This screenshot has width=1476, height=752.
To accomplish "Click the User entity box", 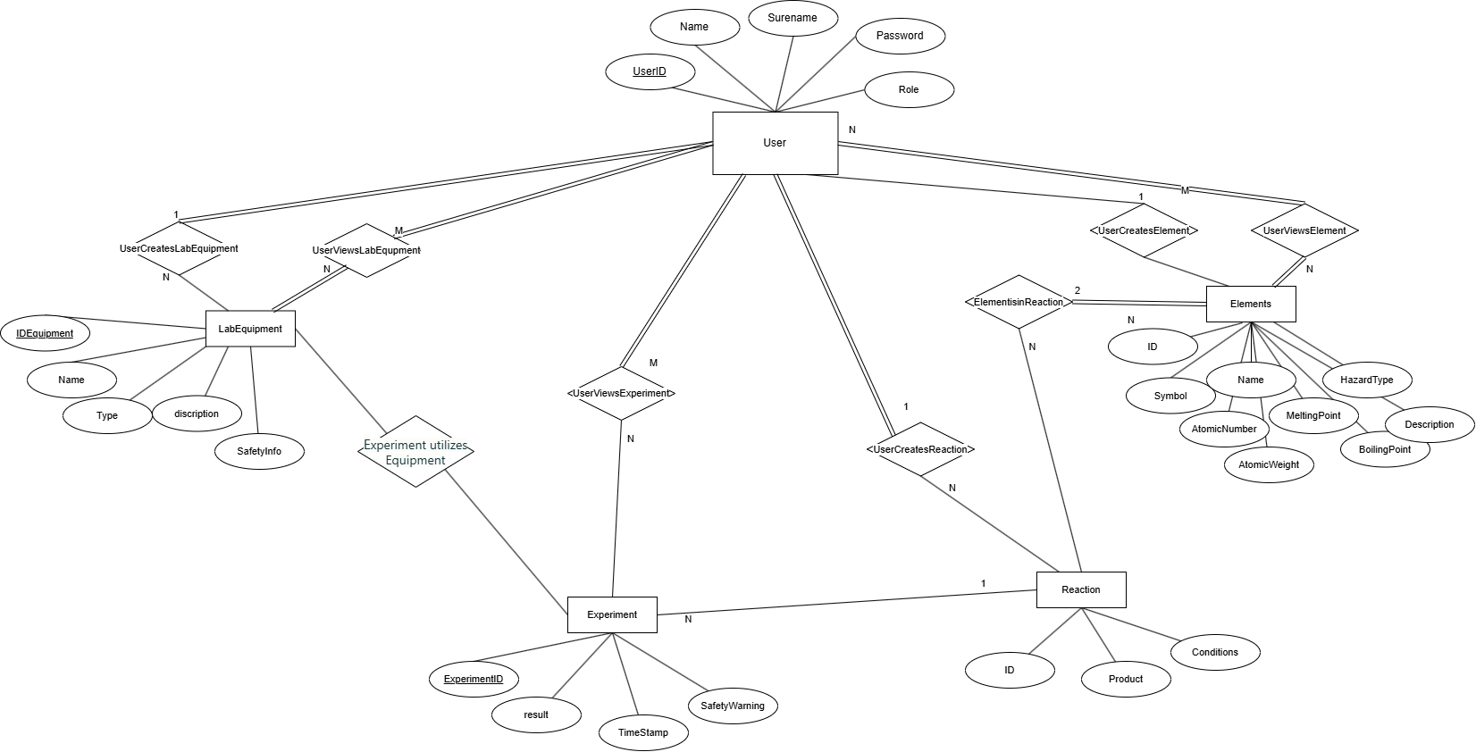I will [775, 143].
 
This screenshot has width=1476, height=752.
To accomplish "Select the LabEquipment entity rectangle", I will [250, 329].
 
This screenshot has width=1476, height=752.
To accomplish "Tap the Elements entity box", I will [1250, 304].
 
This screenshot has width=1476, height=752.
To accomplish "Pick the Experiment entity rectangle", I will [612, 614].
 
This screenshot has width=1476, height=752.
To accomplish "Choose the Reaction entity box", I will [1080, 589].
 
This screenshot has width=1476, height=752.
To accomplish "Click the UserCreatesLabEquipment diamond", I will [179, 248].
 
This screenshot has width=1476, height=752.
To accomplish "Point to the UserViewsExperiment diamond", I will [621, 393].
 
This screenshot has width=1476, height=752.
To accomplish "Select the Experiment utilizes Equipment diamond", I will [415, 452].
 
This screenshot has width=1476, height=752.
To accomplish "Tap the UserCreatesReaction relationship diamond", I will [920, 449].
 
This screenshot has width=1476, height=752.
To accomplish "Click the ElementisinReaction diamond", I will [1019, 302].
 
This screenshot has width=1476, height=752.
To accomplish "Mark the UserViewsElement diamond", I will [1304, 230].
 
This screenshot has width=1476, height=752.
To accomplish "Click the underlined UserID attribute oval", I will [650, 71].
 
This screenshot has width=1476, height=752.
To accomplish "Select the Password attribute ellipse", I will [900, 36].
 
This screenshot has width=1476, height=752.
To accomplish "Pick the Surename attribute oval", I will [793, 18].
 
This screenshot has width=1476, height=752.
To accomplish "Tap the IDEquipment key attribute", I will [45, 333].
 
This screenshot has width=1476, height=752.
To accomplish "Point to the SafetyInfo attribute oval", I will [259, 451].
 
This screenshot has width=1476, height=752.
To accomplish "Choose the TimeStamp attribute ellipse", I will [643, 732].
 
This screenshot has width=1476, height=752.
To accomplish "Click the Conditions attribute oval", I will [1214, 652].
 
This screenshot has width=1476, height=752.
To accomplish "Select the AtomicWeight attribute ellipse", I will [1268, 464].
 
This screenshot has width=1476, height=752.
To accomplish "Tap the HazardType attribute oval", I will [1366, 380].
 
